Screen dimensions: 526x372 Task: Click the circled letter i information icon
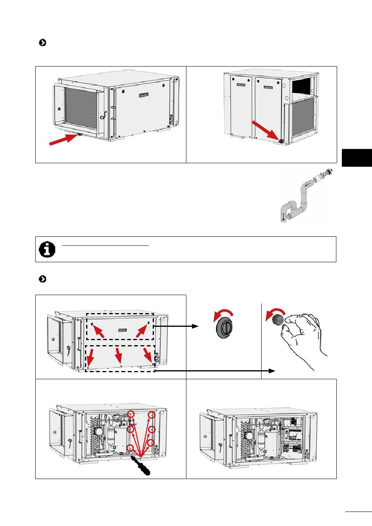[x=47, y=249]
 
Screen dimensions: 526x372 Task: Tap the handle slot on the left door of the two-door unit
[x=240, y=85]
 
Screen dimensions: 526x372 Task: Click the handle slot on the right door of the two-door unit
[x=268, y=87]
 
